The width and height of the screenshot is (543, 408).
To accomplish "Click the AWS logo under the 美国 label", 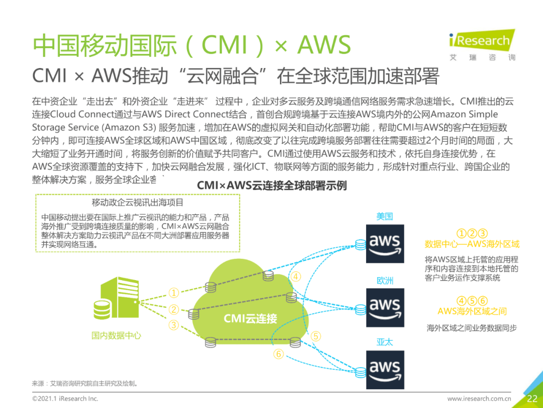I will pos(385,244).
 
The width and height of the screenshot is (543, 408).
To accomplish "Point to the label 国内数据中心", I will pos(116,335).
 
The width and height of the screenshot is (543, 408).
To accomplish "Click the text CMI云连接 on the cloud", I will pos(250,318).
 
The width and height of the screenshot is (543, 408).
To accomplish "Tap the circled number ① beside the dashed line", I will pos(174,293).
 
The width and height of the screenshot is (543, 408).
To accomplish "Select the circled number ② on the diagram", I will pos(174,310).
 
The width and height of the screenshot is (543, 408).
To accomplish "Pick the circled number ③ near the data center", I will pos(174,325).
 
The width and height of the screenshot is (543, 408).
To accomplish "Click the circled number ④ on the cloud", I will pos(296,277).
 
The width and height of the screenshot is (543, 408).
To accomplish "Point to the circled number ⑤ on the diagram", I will pos(316,336).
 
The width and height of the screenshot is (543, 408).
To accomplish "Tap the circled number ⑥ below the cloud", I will pos(279,355).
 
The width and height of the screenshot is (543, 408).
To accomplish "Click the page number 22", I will pos(532,398).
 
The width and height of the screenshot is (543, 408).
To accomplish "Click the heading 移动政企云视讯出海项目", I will pos(137,202).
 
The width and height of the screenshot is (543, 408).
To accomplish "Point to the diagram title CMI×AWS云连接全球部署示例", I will pos(271,185).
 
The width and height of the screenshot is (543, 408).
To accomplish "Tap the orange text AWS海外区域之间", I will pos(472,311).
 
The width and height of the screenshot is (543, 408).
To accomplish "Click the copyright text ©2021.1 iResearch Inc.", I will pos(65,398).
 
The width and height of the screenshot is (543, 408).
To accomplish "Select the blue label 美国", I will pos(385,217).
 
